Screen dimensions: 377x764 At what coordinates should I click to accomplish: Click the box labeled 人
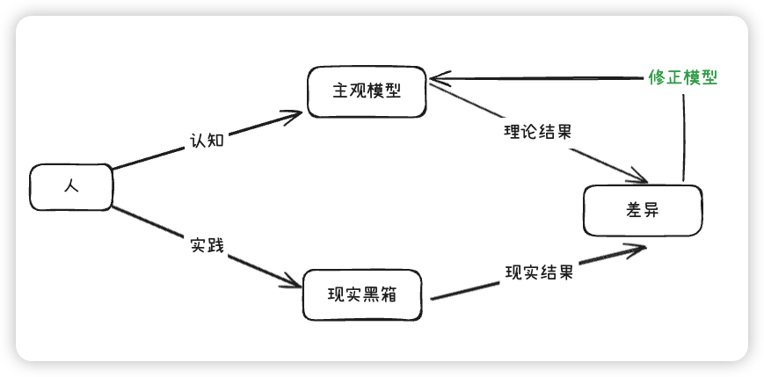(72, 187)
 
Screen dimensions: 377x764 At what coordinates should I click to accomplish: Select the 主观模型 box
(367, 91)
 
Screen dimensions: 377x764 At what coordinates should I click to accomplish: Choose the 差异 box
(643, 211)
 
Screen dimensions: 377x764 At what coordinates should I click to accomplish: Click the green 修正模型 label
(683, 77)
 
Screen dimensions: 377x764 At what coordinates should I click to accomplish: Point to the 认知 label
(207, 140)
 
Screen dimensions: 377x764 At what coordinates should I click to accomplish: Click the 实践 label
(207, 245)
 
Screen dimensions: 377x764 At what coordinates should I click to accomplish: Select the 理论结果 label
(538, 133)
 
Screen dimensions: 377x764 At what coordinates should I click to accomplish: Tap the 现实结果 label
(539, 272)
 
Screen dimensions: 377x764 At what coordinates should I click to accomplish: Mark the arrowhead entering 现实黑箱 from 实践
(294, 283)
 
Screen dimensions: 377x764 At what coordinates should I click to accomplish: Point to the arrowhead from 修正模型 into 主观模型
(434, 78)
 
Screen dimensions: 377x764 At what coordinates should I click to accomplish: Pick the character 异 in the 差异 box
(651, 211)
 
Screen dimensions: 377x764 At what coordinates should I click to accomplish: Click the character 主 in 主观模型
(340, 91)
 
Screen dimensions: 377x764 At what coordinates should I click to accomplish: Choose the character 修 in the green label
(657, 77)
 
